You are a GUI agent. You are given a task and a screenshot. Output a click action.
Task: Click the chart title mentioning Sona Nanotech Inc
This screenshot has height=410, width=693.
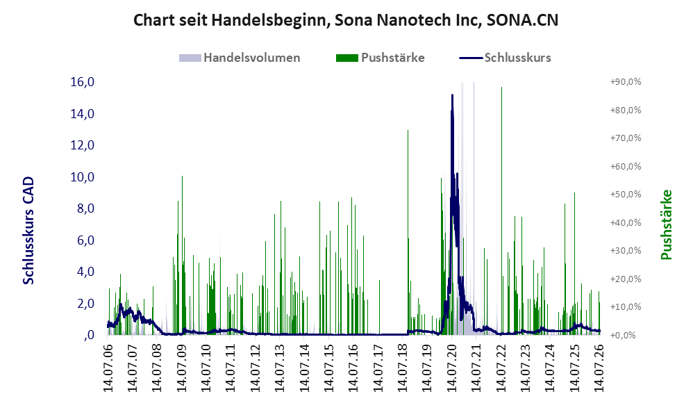pos(346,20)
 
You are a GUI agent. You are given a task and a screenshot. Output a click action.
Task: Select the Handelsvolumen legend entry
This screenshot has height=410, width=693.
pos(240,58)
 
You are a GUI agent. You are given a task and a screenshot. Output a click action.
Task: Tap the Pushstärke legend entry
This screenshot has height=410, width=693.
pos(380,58)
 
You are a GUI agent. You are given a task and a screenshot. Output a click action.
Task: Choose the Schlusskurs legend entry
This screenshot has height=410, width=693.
pos(505,58)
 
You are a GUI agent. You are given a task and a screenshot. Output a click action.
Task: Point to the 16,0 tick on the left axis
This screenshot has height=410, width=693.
pos(83,82)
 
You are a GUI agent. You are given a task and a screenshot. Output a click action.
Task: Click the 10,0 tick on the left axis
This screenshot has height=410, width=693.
pos(83,177)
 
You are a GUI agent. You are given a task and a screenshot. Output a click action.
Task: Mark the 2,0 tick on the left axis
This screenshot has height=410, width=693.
pos(85,304)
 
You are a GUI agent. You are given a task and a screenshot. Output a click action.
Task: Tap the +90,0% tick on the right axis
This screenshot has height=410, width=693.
pos(626,82)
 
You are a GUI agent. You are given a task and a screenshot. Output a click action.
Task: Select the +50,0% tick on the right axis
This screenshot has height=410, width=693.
pos(626,194)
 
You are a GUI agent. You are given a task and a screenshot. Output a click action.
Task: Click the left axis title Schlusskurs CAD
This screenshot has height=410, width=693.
pos(28,231)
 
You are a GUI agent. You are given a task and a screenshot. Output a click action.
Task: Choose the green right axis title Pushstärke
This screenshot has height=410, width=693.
pos(666,224)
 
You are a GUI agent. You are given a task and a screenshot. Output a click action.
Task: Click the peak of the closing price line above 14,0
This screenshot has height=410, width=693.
pos(452,95)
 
